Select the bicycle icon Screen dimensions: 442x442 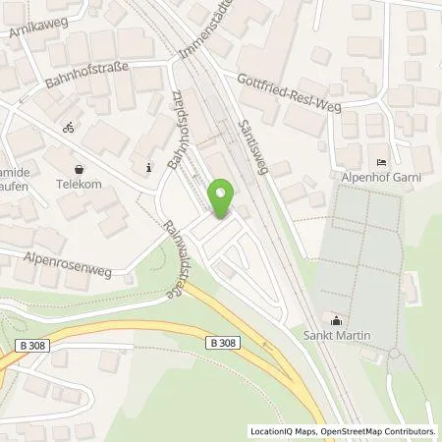point(68,128)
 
